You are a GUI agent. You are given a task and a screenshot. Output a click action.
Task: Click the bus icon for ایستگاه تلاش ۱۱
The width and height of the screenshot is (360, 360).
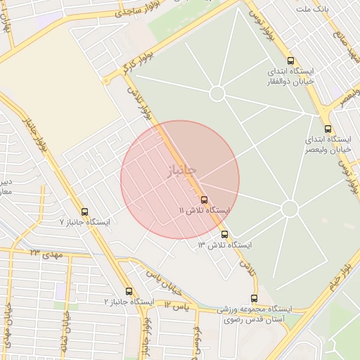click(204, 200)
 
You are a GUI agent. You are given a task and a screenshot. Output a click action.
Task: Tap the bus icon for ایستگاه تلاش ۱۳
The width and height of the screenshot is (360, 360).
click(224, 234)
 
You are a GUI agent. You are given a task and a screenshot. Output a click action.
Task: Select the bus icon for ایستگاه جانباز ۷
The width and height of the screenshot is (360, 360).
click(85, 212)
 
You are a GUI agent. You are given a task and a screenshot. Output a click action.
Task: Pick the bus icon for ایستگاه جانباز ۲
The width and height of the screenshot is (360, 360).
click(129, 290)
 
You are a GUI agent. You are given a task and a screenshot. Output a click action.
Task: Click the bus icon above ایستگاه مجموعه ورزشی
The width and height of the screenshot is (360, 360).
click(254, 299)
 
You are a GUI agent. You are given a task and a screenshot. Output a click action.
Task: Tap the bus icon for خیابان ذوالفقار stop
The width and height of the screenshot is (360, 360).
click(291, 60)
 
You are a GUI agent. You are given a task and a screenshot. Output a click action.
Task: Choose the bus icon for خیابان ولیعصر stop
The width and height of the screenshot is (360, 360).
click(328, 129)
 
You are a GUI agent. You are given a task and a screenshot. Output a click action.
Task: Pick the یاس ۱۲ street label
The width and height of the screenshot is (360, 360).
click(177, 306)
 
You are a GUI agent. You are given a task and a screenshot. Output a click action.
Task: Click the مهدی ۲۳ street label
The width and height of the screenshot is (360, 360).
click(46, 252)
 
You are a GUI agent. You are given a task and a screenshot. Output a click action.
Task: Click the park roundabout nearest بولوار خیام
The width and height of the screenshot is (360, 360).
click(289, 209)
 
